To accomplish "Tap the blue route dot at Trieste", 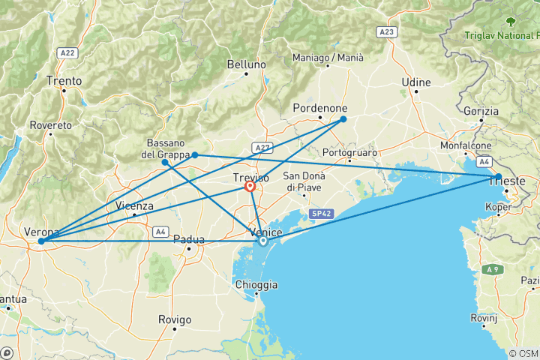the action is click(498, 177).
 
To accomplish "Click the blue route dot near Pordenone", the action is click(343, 119).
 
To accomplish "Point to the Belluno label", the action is click(247, 64).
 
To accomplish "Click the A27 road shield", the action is click(262, 148).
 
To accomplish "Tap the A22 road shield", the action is click(67, 53).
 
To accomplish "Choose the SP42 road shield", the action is click(319, 214).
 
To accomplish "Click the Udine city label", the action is click(416, 82).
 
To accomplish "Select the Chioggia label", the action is click(256, 285).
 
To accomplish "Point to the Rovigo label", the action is click(175, 319).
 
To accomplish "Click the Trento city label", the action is click(64, 80).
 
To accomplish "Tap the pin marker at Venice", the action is click(262, 241).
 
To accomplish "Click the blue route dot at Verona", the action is click(41, 241).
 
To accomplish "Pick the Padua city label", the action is click(188, 239).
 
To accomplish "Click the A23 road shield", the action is click(387, 32).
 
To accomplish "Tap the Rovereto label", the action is click(51, 125).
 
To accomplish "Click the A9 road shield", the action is click(493, 268).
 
